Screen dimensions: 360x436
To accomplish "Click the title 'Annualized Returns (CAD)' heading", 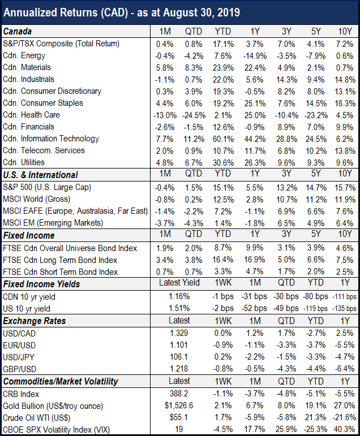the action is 66,13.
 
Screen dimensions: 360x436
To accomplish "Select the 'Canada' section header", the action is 17,32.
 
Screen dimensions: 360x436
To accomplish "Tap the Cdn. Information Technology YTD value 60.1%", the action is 223,139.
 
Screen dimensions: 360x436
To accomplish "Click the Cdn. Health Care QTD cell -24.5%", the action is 194,115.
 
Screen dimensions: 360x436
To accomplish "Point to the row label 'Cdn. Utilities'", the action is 24,162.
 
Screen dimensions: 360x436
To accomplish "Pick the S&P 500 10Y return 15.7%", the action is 345,188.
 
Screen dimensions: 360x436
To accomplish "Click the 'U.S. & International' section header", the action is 40,175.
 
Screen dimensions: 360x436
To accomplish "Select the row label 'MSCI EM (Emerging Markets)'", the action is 53,223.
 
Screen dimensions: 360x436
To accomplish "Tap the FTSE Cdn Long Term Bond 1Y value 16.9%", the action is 255,260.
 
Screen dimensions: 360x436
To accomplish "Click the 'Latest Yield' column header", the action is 179,283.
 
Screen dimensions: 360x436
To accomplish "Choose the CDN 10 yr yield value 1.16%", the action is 179,296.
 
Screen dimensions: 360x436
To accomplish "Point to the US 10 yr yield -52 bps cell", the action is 254,308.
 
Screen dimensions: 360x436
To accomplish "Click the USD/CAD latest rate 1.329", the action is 179,333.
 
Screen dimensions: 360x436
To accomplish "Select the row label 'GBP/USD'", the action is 19,369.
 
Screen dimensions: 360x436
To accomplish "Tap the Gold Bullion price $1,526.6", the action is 179,405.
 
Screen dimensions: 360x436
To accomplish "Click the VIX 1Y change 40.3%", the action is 345,429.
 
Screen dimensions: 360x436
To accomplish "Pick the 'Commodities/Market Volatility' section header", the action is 61,382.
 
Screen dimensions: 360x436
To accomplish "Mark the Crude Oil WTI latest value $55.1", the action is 179,417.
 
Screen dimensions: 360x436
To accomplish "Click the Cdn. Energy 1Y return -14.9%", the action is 255,56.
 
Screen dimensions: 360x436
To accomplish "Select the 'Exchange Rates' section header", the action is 35,321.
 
